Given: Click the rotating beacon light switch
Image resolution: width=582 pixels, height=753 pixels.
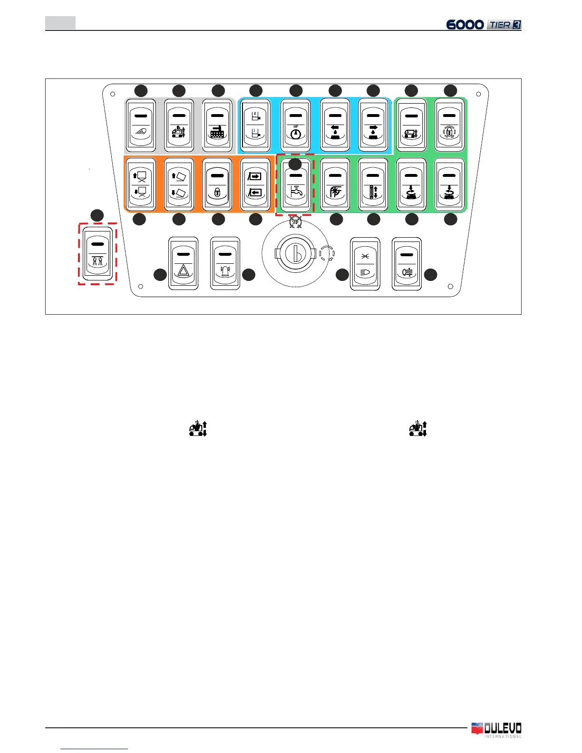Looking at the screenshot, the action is click(x=225, y=264).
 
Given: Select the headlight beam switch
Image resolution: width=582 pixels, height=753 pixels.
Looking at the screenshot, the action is click(x=365, y=264).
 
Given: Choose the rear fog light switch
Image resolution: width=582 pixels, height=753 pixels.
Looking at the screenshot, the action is click(x=407, y=264).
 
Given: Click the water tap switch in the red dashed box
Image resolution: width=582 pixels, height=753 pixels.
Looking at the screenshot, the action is click(x=295, y=184).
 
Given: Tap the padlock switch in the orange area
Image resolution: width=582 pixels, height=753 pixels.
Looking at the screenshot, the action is click(x=217, y=184).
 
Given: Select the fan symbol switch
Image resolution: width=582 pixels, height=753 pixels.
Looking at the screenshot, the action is click(x=335, y=184).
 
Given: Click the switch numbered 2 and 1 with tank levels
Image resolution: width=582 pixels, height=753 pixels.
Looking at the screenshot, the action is click(x=255, y=125).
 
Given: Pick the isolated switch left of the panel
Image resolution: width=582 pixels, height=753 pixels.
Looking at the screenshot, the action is click(x=97, y=254).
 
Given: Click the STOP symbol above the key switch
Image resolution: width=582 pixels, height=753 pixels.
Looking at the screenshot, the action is click(x=295, y=222).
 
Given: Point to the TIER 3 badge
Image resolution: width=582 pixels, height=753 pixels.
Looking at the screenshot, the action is click(x=504, y=25).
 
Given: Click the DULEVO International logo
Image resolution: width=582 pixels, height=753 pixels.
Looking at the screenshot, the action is click(x=496, y=730).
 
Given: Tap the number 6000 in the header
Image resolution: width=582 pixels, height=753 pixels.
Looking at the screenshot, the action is click(x=465, y=25).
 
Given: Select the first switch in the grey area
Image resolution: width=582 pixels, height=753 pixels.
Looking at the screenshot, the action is click(x=141, y=125).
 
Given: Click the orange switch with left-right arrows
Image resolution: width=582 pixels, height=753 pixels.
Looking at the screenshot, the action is click(x=255, y=184).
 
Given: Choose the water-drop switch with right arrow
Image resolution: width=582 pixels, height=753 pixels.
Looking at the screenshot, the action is click(x=373, y=125).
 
